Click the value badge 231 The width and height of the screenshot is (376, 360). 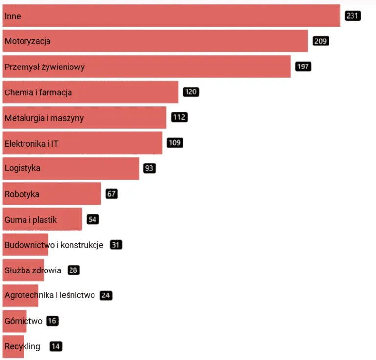352,16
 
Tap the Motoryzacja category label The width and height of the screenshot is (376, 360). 27,41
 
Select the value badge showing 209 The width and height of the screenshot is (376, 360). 321,41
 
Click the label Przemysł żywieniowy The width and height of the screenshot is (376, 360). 45,67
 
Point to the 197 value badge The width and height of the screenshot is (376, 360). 303,67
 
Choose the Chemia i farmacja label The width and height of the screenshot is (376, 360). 38,92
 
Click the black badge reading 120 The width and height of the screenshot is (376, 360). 191,92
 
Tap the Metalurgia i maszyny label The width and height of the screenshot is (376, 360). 44,118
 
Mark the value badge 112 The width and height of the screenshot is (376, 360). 179,117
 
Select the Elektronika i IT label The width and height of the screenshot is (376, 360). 32,143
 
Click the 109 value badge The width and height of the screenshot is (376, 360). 175,143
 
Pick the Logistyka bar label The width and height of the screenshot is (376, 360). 23,168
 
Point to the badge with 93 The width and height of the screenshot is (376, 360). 149,168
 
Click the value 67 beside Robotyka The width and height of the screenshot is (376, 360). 112,194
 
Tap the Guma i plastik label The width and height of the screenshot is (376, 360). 31,220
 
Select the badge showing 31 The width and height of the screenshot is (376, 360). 116,245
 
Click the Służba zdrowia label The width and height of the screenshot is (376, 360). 33,270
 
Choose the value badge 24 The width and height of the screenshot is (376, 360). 106,295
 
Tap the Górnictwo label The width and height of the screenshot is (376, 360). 23,321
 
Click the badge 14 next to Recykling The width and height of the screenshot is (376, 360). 56,347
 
